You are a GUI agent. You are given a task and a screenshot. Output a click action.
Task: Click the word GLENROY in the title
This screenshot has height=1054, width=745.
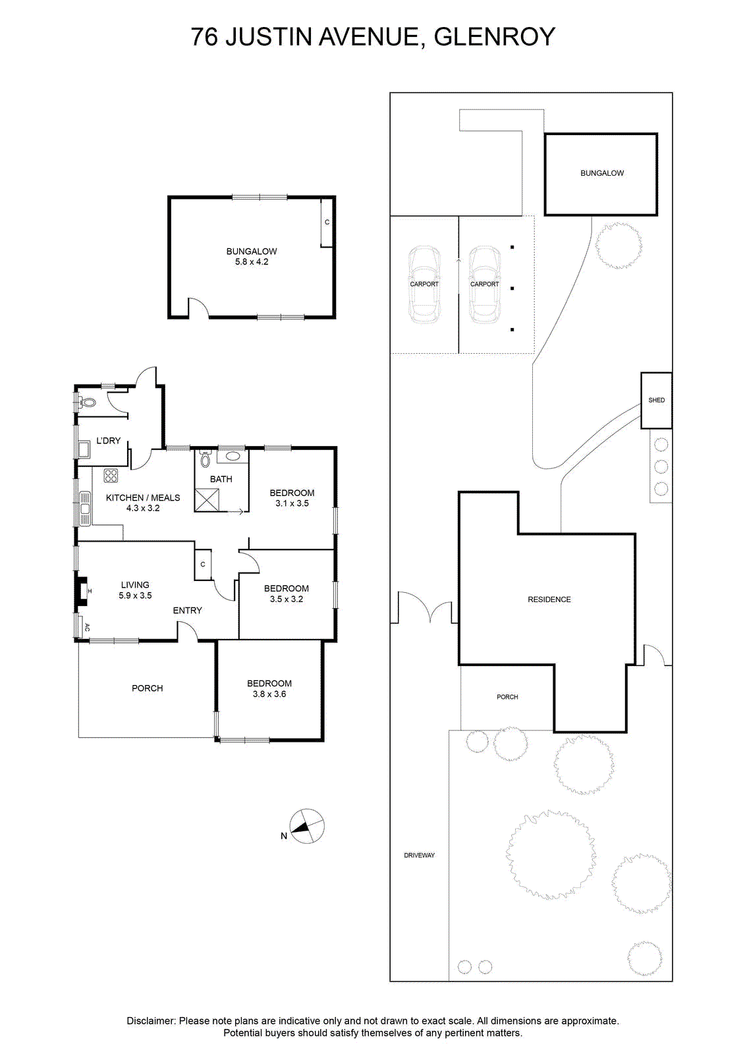[x=494, y=37]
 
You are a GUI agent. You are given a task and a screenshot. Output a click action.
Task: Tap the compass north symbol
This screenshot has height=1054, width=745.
[x=306, y=826]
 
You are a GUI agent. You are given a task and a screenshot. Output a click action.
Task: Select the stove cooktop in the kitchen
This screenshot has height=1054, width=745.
[x=111, y=476]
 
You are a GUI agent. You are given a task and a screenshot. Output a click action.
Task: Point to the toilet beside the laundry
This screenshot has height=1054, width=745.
[x=87, y=402]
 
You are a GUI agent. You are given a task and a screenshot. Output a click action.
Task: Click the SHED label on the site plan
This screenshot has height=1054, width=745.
[x=657, y=400]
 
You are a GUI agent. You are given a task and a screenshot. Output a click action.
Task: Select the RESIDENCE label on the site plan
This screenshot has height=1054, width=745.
[x=549, y=599]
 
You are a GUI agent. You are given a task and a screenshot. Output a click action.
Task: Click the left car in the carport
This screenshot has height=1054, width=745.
[x=424, y=284]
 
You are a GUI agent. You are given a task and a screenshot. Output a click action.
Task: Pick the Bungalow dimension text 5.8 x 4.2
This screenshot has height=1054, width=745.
[x=252, y=262]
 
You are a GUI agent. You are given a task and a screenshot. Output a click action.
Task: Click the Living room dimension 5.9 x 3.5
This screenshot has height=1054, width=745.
[x=135, y=596]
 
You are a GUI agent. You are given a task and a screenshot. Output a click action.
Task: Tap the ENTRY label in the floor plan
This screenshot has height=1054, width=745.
[x=187, y=610]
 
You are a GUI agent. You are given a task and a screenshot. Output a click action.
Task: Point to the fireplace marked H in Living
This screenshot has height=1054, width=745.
[x=82, y=590]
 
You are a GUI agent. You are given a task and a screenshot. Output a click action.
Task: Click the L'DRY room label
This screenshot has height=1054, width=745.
[x=108, y=441]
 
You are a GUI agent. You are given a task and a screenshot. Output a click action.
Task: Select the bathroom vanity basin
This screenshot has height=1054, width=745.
[x=232, y=456]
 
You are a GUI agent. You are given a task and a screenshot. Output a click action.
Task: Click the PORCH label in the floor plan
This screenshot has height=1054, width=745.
[x=148, y=688]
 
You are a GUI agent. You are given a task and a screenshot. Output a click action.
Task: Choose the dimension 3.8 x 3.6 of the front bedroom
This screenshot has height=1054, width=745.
[x=269, y=694]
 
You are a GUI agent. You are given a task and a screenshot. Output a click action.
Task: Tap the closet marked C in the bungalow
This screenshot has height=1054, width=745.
[x=327, y=222]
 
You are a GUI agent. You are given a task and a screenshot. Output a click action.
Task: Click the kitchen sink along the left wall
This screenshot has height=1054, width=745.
[x=85, y=509]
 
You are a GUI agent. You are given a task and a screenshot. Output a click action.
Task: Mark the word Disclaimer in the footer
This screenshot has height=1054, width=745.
[x=151, y=1021]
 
